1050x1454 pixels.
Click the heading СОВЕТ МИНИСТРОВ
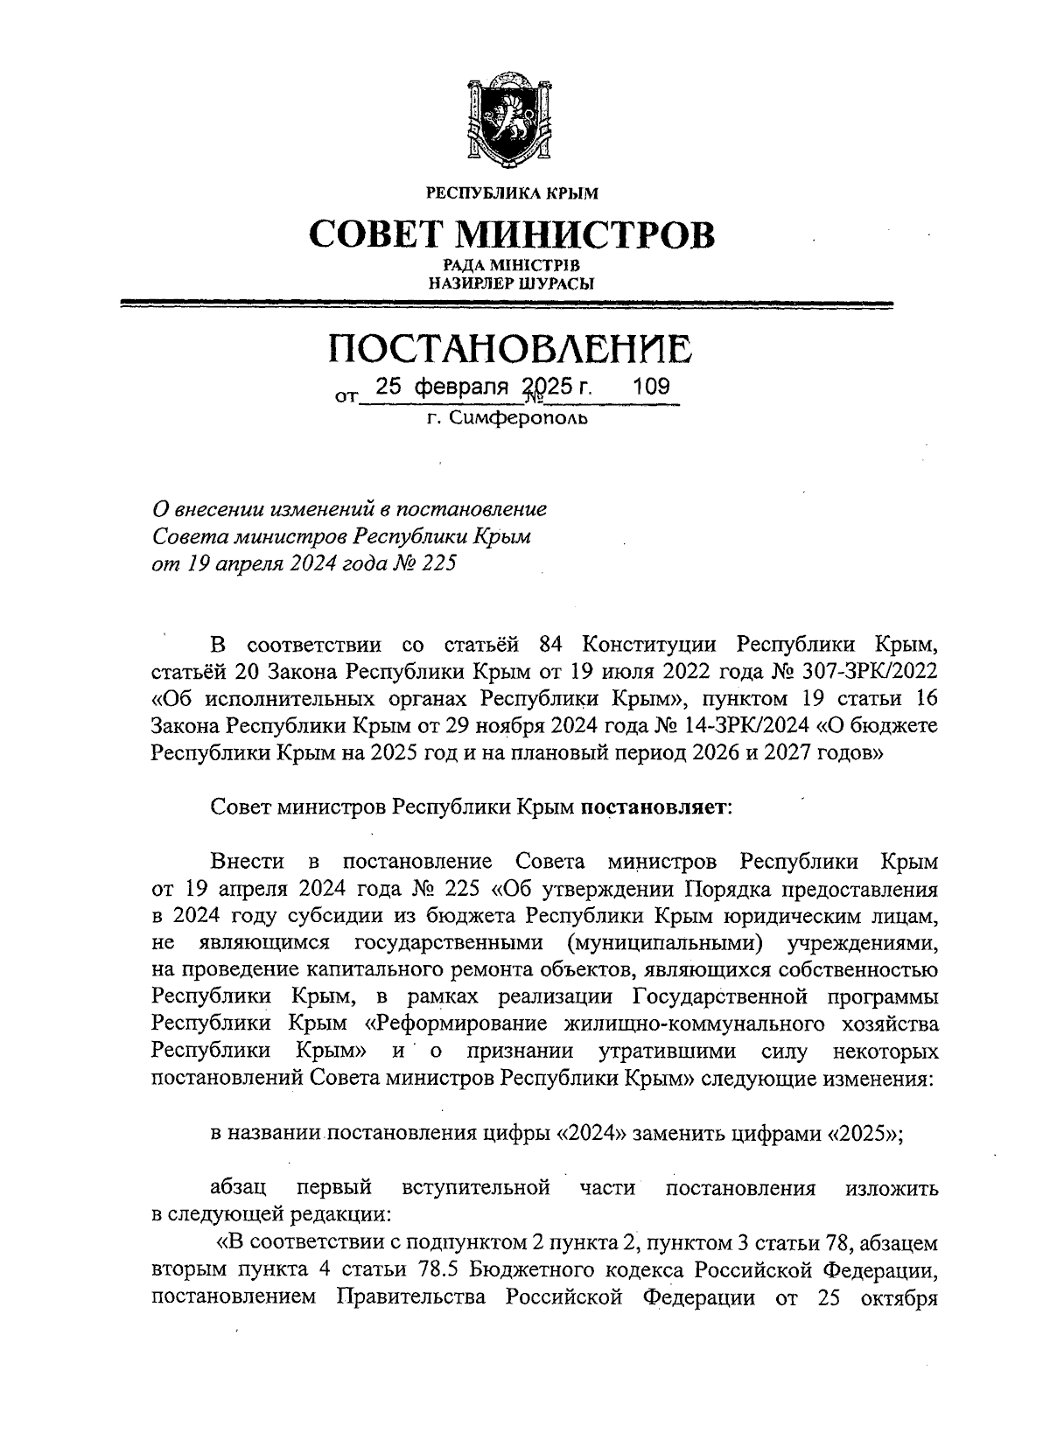click(x=513, y=234)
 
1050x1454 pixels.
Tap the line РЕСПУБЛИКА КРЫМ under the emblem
click(x=513, y=192)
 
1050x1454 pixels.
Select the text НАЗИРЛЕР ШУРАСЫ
click(x=513, y=283)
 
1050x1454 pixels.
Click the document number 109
click(x=651, y=387)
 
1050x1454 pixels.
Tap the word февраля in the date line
click(x=461, y=387)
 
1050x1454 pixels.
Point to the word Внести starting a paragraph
click(x=248, y=862)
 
